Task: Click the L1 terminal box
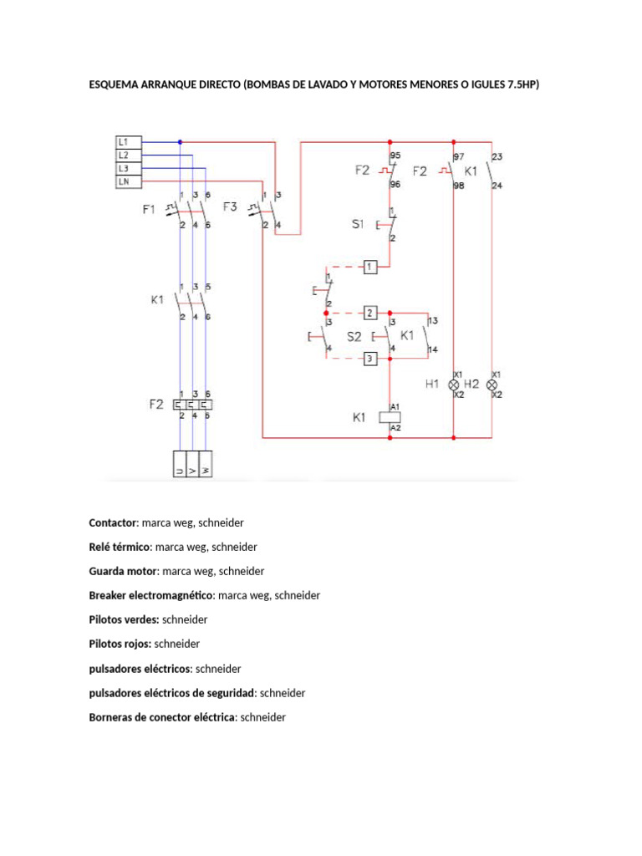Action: [x=128, y=142]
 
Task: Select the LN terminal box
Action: [x=128, y=181]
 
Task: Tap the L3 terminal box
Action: [x=128, y=168]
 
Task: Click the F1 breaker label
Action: [x=149, y=210]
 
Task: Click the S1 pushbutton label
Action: [x=359, y=224]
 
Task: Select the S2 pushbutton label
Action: [x=354, y=336]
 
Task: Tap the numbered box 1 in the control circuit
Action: [x=370, y=267]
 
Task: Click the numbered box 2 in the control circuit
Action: [x=370, y=313]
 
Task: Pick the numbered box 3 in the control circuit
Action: [x=370, y=358]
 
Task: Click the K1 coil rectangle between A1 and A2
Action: [x=390, y=416]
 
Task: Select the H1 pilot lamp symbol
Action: [x=455, y=385]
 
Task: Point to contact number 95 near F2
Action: [x=395, y=155]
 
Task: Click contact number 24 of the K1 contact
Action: [x=497, y=186]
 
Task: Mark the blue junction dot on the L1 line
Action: [x=180, y=142]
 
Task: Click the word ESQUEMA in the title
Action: [x=115, y=84]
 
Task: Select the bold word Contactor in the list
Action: [x=112, y=522]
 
